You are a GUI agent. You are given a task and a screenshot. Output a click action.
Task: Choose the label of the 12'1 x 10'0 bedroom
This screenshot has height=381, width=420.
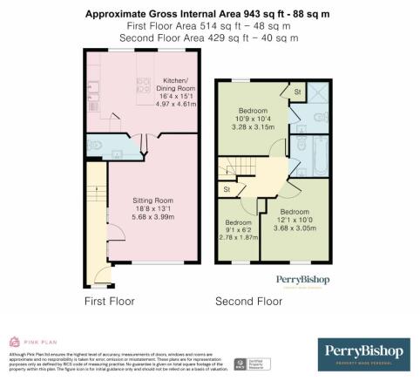coord(294,211)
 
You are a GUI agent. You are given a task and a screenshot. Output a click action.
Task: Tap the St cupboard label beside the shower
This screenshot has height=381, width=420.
coord(296,92)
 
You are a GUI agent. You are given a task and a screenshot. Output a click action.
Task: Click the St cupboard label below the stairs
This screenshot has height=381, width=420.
coord(227,189)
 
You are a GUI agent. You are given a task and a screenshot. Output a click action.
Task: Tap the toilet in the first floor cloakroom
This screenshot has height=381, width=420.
coord(95,145)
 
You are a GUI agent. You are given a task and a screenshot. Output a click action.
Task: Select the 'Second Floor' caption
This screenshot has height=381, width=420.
coord(249,302)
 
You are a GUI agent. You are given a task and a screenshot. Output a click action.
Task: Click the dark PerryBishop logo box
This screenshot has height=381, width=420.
coord(363,353)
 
